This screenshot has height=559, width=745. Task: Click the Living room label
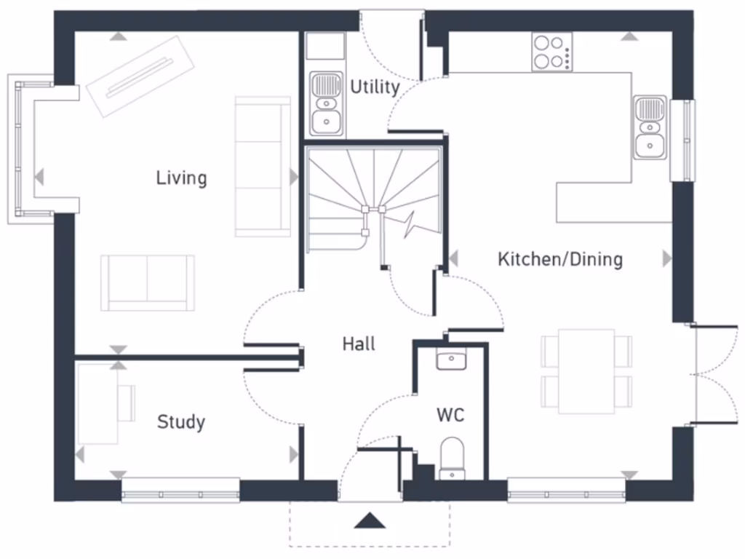(181, 178)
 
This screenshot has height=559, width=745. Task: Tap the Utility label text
(375, 87)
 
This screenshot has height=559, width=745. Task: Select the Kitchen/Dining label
(559, 259)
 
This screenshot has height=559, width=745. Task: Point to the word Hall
(359, 344)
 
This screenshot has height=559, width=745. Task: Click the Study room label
(180, 421)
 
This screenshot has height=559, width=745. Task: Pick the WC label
(450, 416)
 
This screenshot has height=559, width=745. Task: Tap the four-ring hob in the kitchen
(551, 52)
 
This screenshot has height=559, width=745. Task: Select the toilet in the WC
(452, 458)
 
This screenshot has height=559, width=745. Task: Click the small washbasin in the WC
(450, 360)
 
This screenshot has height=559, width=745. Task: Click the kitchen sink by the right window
(649, 127)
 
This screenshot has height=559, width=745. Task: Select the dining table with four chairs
(586, 371)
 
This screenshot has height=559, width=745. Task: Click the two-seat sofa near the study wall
(148, 282)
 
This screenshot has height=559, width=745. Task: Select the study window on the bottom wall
(180, 490)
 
